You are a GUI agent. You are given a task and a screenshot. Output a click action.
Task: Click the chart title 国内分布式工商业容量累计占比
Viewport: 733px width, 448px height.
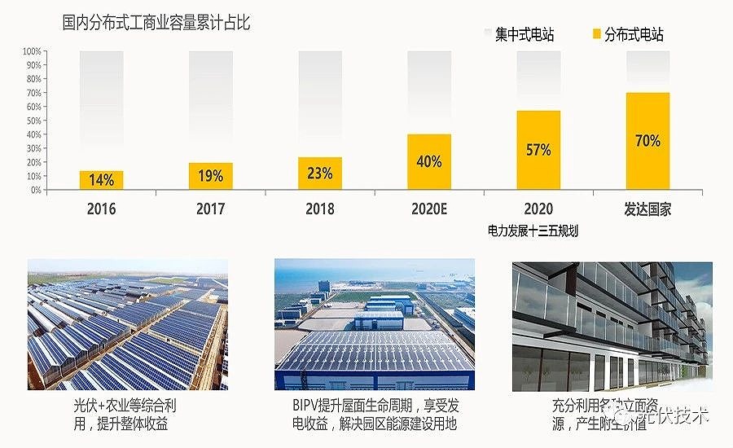tap(156, 23)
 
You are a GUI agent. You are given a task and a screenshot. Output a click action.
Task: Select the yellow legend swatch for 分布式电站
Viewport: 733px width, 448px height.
tap(596, 34)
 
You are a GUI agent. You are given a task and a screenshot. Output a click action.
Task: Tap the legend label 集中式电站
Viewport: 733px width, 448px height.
tap(525, 34)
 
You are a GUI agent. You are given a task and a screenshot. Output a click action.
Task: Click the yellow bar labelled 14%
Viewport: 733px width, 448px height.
tap(102, 180)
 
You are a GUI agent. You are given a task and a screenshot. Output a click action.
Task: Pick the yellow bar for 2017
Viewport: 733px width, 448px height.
tap(211, 176)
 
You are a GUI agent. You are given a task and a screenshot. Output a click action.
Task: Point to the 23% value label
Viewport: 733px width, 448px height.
tap(320, 173)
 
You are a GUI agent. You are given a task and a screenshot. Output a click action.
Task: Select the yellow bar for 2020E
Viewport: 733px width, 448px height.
tap(429, 161)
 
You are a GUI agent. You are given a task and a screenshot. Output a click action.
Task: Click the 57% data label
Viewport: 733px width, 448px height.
tap(538, 150)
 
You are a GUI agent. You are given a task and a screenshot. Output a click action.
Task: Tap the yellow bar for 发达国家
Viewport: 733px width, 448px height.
tap(647, 141)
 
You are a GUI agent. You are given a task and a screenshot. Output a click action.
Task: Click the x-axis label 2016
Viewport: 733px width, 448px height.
tap(102, 209)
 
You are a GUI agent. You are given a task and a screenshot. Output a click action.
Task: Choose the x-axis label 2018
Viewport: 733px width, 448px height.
tap(320, 209)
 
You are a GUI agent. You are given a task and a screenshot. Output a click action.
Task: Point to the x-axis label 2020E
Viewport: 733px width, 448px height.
tap(428, 209)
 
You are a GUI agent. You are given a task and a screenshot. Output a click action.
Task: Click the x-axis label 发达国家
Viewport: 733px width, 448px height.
tap(647, 209)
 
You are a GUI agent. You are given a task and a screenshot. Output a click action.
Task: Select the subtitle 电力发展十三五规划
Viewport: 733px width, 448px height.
tap(533, 231)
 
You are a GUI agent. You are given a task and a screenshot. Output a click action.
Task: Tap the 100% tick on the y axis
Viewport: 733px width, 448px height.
tap(32, 51)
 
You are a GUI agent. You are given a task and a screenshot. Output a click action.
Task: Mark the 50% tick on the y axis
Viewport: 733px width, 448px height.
tap(33, 121)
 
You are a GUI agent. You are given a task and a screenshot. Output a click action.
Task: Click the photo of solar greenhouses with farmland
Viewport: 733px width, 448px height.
tap(128, 324)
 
